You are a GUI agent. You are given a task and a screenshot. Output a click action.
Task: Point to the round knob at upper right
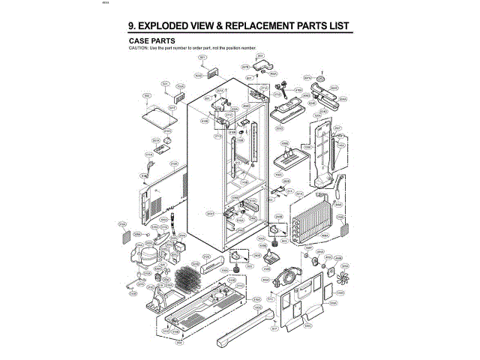point(319,78)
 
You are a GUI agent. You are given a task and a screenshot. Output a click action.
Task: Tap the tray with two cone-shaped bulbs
point(288,159)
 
